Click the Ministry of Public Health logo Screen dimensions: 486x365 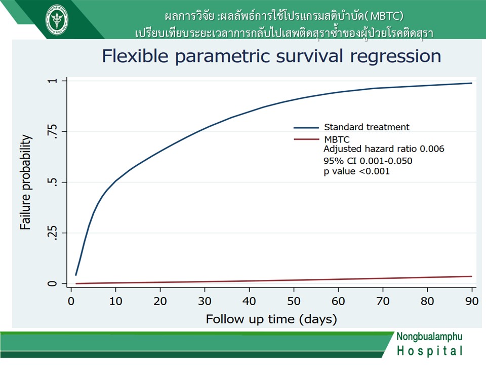57,19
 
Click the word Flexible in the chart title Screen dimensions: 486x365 135,56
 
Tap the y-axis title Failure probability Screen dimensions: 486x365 26,182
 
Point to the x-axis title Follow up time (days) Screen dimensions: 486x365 271,319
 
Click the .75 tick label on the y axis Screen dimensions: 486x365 53,131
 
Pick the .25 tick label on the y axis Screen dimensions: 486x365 53,233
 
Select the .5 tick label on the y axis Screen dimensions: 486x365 53,182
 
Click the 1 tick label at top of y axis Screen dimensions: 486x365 53,81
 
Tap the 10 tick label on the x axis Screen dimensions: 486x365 115,301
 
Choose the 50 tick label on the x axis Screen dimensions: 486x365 294,301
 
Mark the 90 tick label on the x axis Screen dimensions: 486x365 472,301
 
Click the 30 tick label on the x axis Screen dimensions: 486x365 205,301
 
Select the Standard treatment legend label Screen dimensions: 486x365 367,127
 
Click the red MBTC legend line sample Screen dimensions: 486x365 306,139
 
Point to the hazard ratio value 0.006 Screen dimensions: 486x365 432,149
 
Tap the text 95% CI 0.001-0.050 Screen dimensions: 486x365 368,161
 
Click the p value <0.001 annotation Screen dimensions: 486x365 357,171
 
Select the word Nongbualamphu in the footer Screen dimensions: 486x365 430,337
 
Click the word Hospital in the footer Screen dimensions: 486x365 430,351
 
